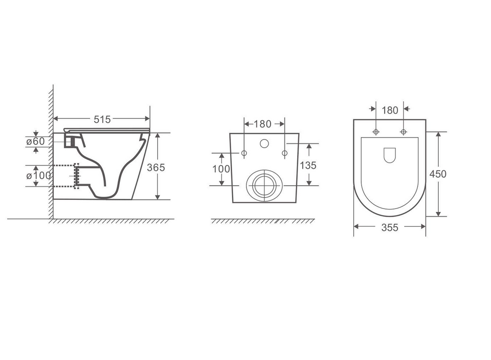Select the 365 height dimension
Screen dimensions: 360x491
point(156,167)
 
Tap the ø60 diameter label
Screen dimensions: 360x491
point(35,141)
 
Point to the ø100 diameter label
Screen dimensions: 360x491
point(39,175)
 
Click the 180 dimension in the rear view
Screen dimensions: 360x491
point(262,124)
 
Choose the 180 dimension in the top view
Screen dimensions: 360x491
point(389,110)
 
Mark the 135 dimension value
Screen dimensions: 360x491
point(308,165)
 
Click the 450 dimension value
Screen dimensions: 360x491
point(437,174)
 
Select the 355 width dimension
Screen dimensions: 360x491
point(389,228)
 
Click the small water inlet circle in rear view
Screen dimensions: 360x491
point(264,143)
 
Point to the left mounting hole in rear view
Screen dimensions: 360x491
point(244,153)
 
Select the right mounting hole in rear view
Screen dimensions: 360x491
point(284,153)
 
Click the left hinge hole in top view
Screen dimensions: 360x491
point(375,131)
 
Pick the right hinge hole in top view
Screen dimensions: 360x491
point(403,131)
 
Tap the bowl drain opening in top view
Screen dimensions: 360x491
point(390,154)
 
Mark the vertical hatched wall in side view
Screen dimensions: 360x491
point(50,153)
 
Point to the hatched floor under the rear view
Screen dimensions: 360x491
point(263,221)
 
